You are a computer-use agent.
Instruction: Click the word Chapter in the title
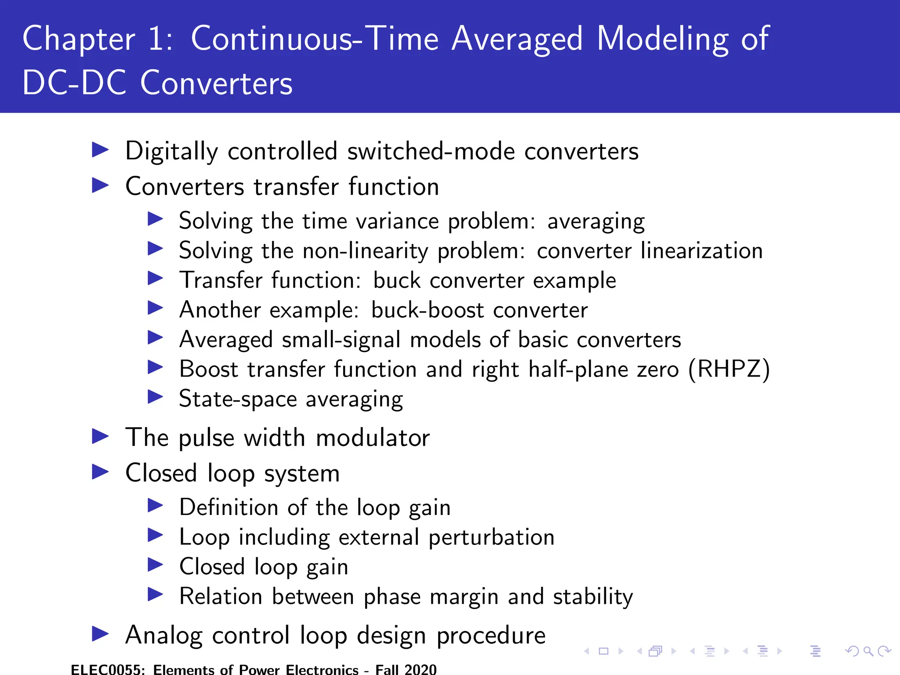[x=79, y=40]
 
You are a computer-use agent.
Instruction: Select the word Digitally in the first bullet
[x=171, y=152]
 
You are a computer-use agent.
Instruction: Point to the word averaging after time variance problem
[x=596, y=221]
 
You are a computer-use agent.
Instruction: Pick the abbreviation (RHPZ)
[x=729, y=369]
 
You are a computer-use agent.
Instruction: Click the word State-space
[x=238, y=399]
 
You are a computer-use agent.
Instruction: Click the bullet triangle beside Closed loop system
[x=101, y=472]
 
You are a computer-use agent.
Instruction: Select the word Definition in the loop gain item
[x=229, y=508]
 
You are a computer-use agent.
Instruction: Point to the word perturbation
[x=491, y=537]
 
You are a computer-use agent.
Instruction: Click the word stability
[x=592, y=597]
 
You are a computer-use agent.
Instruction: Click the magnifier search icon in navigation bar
[x=868, y=651]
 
